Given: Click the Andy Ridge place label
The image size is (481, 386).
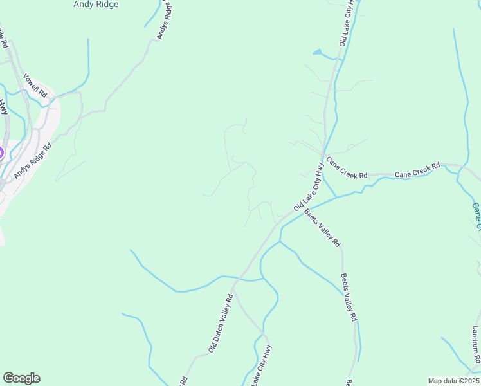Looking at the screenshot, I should pyautogui.click(x=96, y=4).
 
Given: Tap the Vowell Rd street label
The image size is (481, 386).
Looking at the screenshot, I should pyautogui.click(x=36, y=85).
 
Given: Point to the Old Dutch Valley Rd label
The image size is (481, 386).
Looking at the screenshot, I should pyautogui.click(x=220, y=323).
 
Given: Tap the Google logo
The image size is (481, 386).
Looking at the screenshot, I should pyautogui.click(x=21, y=378).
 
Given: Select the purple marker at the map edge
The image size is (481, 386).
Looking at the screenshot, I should pyautogui.click(x=1, y=153).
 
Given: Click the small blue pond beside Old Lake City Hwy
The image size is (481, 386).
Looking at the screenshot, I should pyautogui.click(x=318, y=52).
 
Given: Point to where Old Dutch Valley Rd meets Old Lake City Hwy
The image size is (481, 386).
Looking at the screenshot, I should pyautogui.click(x=235, y=281).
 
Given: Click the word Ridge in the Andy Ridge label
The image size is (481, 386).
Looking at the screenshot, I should pyautogui.click(x=107, y=4).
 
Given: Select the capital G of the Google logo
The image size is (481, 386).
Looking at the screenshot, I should pyautogui.click(x=8, y=378).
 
